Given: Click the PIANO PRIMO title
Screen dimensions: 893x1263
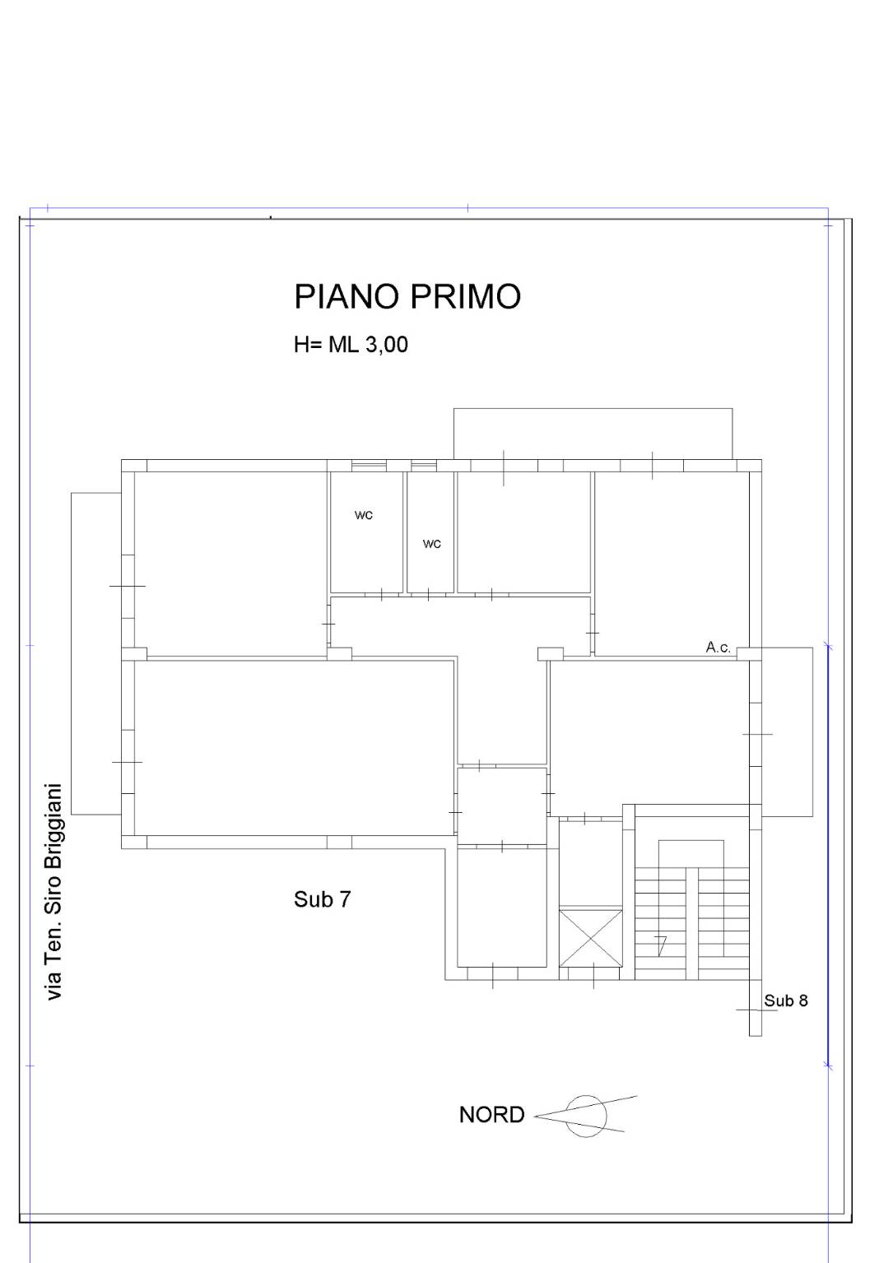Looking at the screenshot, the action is pyautogui.click(x=407, y=296).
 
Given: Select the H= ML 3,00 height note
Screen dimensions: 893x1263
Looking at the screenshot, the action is pyautogui.click(x=351, y=345).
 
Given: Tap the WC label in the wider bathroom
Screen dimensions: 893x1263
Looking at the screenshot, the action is pyautogui.click(x=363, y=515).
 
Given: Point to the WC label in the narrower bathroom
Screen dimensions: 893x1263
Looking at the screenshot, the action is pyautogui.click(x=431, y=544).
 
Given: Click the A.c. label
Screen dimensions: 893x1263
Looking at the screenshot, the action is pyautogui.click(x=719, y=647).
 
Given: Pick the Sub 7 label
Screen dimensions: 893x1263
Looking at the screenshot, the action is pyautogui.click(x=322, y=898).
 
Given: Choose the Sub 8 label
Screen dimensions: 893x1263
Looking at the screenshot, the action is pyautogui.click(x=785, y=1001).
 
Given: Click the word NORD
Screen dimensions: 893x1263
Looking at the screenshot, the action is pyautogui.click(x=492, y=1115).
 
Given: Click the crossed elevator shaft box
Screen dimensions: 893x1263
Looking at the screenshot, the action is pyautogui.click(x=591, y=937).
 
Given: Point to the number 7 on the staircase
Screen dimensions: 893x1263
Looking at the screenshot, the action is pyautogui.click(x=661, y=945).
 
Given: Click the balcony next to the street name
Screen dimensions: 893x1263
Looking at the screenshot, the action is pyautogui.click(x=96, y=653).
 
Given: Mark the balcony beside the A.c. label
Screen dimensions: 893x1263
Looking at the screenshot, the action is pyautogui.click(x=787, y=731).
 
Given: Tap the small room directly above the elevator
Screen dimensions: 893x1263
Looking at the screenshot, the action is pyautogui.click(x=591, y=865).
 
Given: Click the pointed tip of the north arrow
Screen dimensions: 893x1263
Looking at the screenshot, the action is pyautogui.click(x=534, y=1116).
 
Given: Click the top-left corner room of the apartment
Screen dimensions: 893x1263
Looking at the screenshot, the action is pyautogui.click(x=230, y=564).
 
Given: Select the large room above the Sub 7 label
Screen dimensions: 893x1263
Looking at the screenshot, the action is pyautogui.click(x=294, y=748).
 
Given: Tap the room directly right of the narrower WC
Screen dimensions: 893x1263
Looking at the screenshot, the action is pyautogui.click(x=523, y=532).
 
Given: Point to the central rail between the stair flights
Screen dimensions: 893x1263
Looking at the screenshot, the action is pyautogui.click(x=691, y=923).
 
